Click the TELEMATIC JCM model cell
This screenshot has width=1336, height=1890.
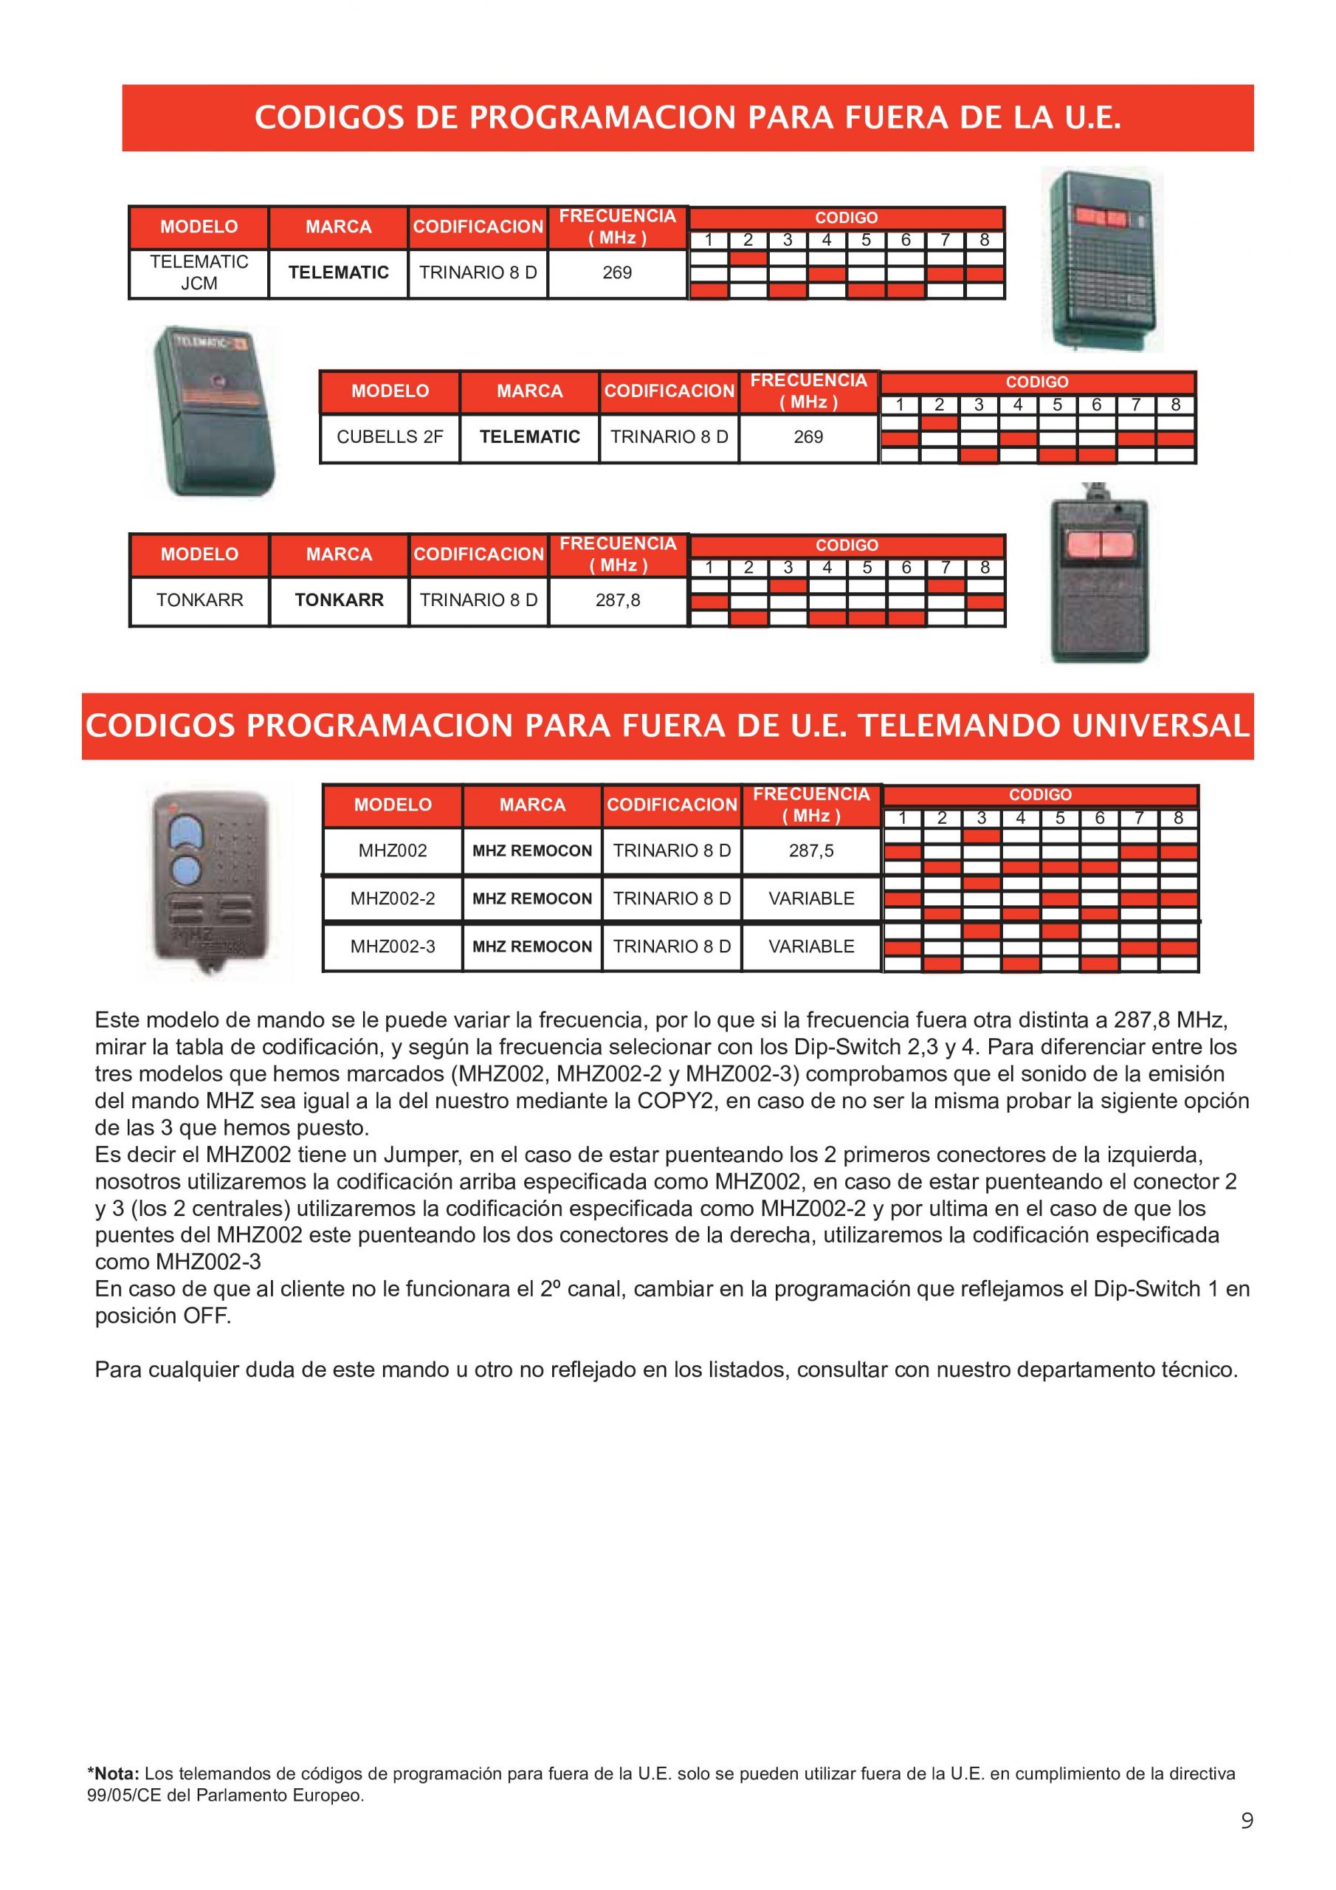click(199, 272)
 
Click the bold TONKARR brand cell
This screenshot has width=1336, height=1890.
click(339, 600)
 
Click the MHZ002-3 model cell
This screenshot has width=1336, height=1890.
click(393, 946)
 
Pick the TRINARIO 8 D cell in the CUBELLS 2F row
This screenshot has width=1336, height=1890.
click(669, 437)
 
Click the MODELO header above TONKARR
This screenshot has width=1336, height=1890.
click(199, 554)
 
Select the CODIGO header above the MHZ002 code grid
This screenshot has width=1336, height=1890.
click(1040, 795)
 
